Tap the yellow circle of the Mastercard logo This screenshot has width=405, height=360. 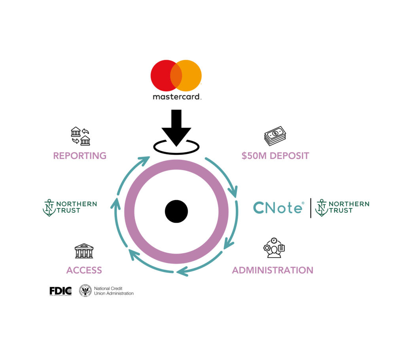pos(191,76)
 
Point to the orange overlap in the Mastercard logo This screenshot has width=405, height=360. pos(176,76)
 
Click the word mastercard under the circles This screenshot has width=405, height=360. pos(177,97)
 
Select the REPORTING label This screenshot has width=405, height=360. pos(80,156)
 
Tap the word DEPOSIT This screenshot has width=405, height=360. pos(289,156)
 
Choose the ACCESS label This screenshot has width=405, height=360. pos(84,271)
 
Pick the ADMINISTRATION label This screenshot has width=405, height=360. pos(273,271)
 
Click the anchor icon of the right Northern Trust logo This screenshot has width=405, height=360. pos(321,207)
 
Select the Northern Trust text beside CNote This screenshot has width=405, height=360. pos(348,207)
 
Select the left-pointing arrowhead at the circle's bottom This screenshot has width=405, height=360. pos(180,272)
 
